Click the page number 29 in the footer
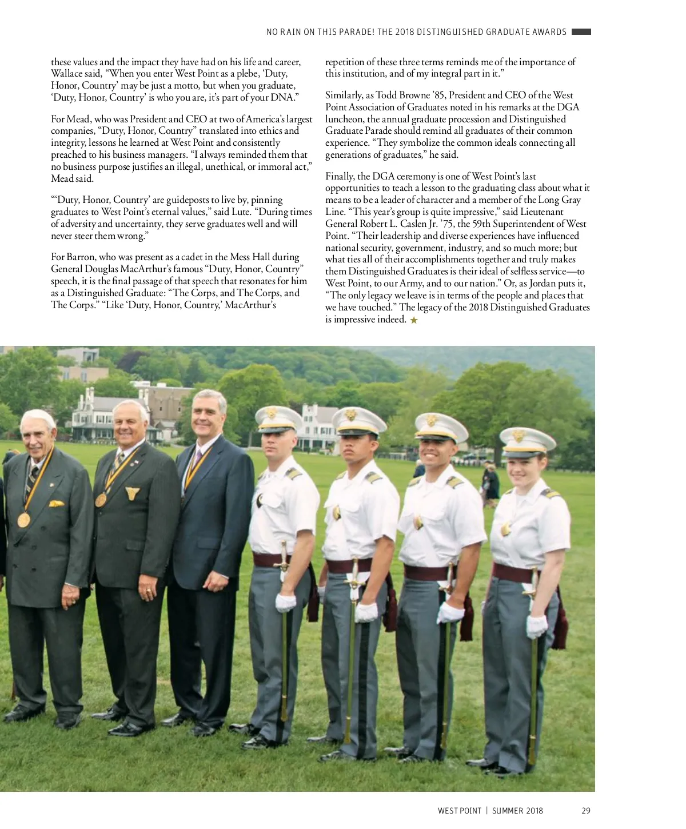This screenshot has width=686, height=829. tap(585, 811)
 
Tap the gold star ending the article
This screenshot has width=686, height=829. tap(414, 320)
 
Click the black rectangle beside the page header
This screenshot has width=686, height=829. tap(581, 32)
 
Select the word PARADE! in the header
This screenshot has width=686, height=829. tap(357, 32)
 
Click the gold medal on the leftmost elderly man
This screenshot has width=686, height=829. tap(23, 520)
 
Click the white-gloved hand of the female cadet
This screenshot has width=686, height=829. tap(536, 626)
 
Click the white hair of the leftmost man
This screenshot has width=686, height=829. tap(38, 416)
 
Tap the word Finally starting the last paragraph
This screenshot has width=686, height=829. tap(340, 177)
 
